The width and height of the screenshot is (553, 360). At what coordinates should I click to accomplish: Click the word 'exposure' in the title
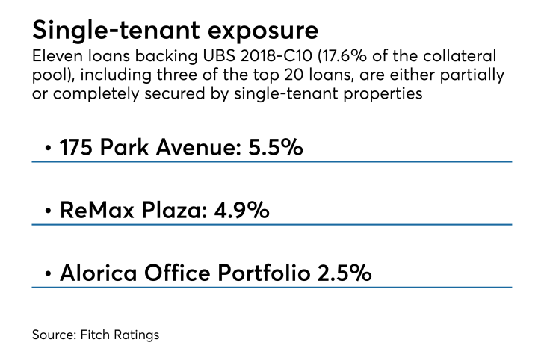(263, 31)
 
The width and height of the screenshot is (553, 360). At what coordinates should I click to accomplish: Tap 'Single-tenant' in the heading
(117, 31)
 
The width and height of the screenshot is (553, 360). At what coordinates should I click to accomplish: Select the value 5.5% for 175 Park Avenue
(276, 146)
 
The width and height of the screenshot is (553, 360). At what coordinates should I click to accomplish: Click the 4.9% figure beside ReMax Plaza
(241, 210)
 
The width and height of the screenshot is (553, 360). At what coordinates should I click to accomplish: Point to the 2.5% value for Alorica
(345, 273)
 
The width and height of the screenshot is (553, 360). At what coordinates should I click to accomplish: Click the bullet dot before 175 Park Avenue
(49, 148)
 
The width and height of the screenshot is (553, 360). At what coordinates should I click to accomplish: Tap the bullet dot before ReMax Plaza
(49, 211)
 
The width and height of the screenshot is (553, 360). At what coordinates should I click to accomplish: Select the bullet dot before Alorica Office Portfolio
(49, 273)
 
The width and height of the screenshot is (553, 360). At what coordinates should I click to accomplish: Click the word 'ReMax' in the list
(97, 210)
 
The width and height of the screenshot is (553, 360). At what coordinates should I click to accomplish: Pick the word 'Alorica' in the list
(99, 273)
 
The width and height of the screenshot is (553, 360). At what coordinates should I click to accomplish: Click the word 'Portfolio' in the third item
(264, 273)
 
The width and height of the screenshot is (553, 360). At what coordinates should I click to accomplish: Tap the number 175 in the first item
(75, 147)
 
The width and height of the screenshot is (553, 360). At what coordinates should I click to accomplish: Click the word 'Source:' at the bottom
(55, 335)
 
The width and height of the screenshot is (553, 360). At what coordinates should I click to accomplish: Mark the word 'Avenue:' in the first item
(199, 147)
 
